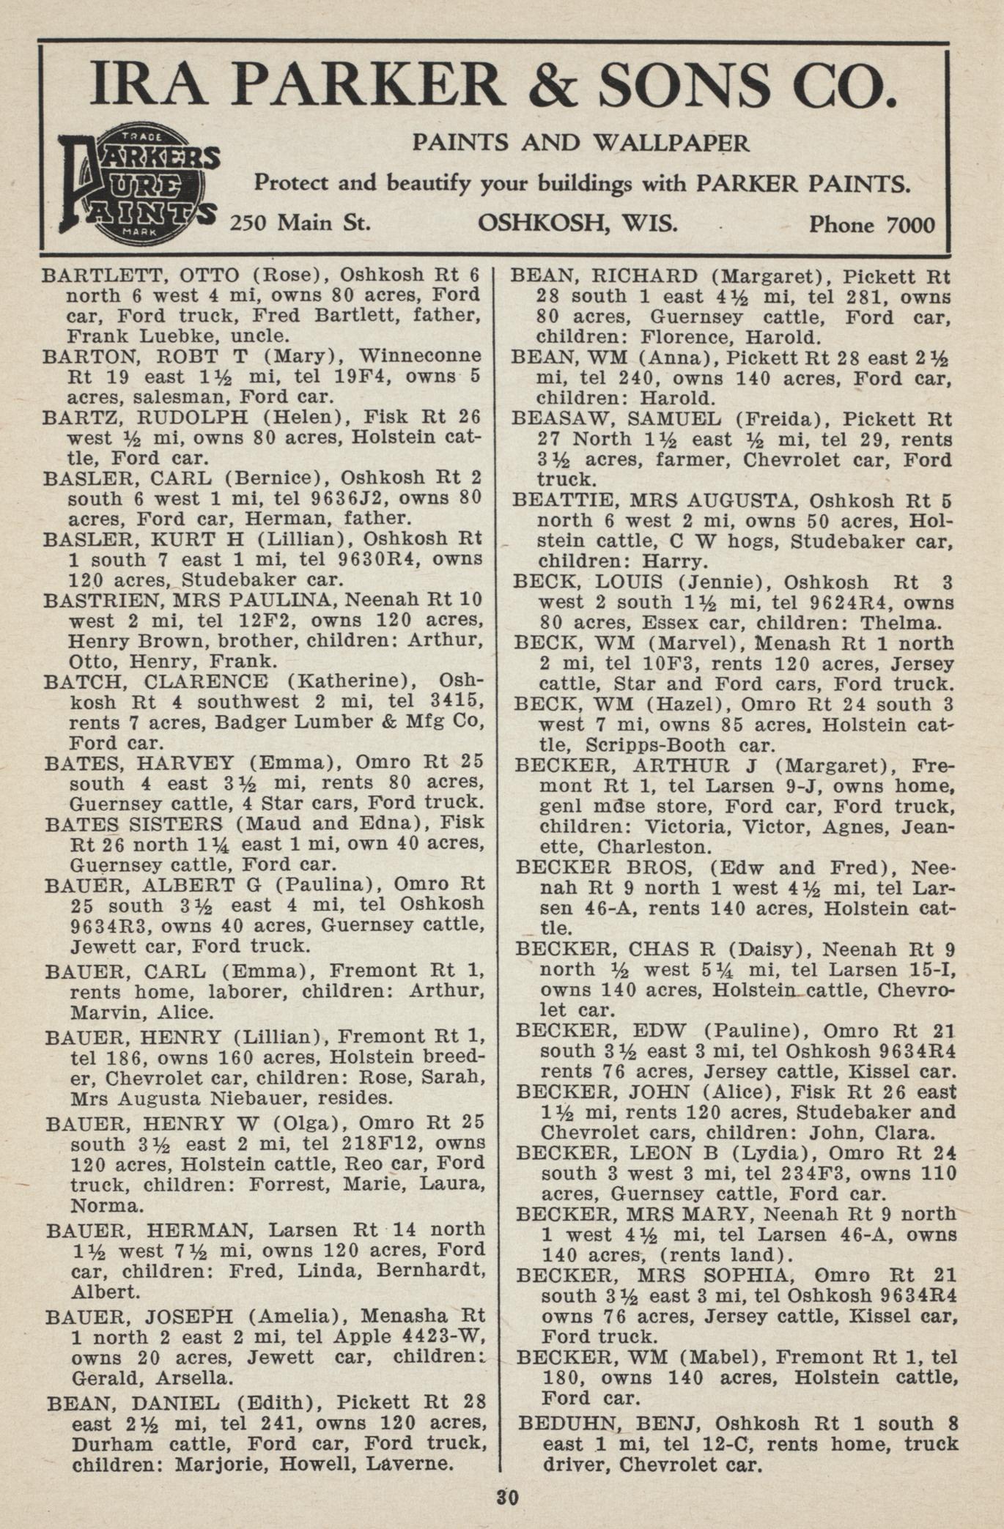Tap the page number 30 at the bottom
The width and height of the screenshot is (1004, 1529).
coord(507,1496)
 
